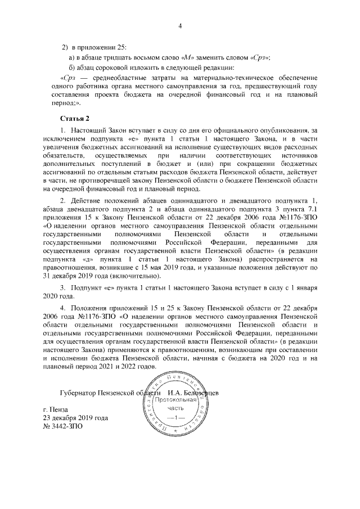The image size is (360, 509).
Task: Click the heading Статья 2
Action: (x=74, y=119)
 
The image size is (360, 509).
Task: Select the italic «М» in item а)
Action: (x=188, y=57)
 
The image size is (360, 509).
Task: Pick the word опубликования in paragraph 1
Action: (x=280, y=130)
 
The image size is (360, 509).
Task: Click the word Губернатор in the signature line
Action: (x=78, y=392)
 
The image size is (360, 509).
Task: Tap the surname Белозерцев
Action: (x=200, y=392)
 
